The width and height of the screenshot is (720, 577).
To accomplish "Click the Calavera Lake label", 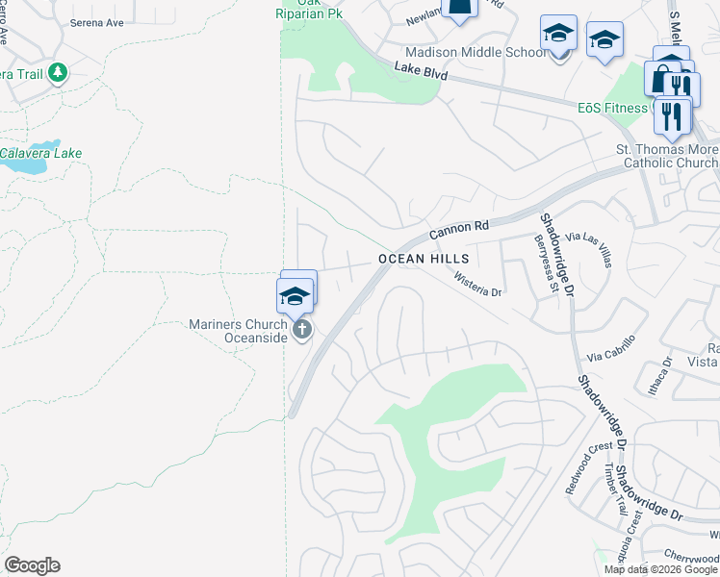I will (40, 153).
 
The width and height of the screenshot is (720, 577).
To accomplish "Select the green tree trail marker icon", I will (58, 73).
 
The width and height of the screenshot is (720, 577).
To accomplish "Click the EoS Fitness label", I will (612, 108).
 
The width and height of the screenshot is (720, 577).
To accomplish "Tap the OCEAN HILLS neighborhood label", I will (424, 259).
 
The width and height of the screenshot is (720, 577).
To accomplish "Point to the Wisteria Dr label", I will (479, 283).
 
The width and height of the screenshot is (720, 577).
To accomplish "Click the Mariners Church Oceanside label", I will (239, 331).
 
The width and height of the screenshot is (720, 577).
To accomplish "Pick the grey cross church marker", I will (302, 332).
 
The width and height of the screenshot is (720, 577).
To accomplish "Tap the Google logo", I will (32, 565).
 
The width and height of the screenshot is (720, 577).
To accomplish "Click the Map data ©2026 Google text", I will (659, 569).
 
